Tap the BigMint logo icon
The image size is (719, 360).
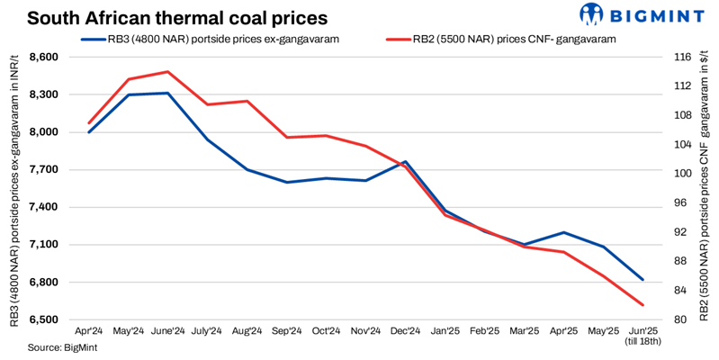[x=591, y=15]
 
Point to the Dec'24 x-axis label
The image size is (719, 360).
[x=404, y=331]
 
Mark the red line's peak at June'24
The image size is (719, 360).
[x=167, y=71]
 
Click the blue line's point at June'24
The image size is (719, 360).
[x=167, y=93]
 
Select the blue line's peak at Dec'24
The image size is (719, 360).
[x=406, y=162]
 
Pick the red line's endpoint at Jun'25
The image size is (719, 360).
[x=642, y=305]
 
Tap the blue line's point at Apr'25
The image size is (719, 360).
[x=563, y=232]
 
